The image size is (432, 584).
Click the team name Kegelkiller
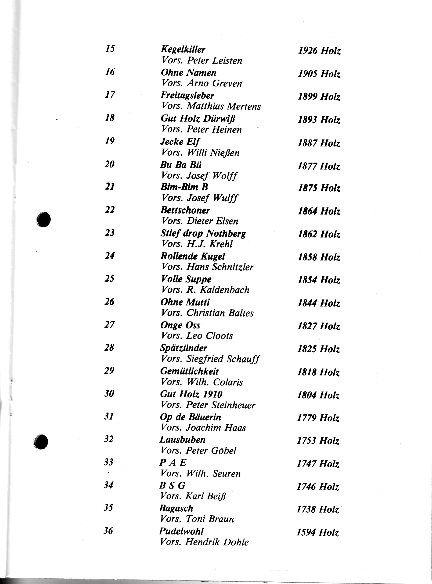click(183, 49)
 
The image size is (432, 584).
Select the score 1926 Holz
click(319, 51)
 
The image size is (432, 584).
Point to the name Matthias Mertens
click(224, 106)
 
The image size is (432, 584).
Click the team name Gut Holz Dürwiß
click(198, 119)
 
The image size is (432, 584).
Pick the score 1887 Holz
click(319, 143)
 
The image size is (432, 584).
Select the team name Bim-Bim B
click(184, 187)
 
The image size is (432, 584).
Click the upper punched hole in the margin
click(44, 219)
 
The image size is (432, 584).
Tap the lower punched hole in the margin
click(41, 442)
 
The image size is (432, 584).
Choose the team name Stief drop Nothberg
click(203, 233)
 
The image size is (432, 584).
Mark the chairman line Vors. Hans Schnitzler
click(207, 267)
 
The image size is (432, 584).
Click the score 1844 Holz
click(319, 303)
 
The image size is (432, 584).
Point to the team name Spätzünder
click(184, 348)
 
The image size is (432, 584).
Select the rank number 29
click(109, 370)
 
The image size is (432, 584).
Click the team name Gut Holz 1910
click(191, 394)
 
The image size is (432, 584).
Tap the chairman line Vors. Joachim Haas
click(203, 428)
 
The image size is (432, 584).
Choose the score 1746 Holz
click(318, 487)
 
